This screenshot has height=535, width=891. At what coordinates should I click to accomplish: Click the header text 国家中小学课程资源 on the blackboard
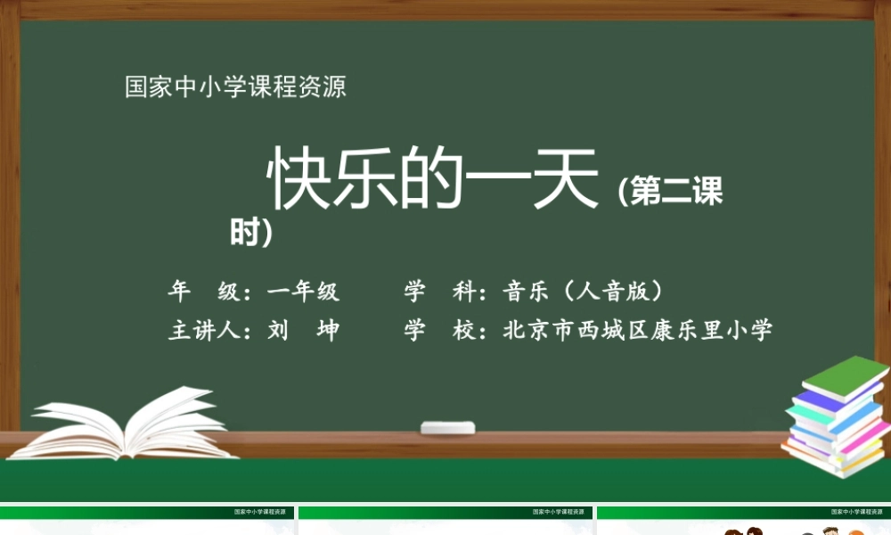click(x=235, y=87)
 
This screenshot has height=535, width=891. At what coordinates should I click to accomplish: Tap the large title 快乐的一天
click(x=434, y=177)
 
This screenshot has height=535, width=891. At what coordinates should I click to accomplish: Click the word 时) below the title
click(x=250, y=233)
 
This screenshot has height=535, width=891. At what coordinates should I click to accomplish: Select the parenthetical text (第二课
click(x=669, y=192)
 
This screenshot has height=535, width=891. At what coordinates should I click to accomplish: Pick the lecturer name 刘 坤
click(x=303, y=331)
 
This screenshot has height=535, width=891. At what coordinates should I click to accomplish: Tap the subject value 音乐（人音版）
click(x=584, y=292)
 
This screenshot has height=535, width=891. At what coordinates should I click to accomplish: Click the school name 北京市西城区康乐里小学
click(x=637, y=331)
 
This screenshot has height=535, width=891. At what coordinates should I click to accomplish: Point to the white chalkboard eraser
click(x=447, y=428)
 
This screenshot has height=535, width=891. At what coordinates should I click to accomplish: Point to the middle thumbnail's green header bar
click(x=445, y=513)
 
